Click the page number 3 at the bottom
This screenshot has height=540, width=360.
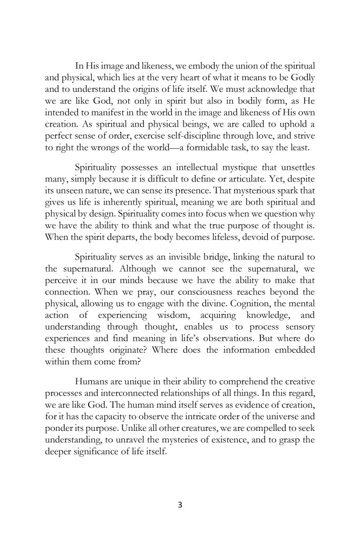pos(180,505)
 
